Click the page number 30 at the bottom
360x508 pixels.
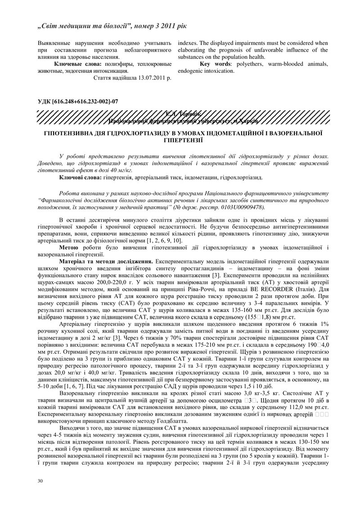click(40, 481)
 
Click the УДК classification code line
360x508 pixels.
click(78, 101)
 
